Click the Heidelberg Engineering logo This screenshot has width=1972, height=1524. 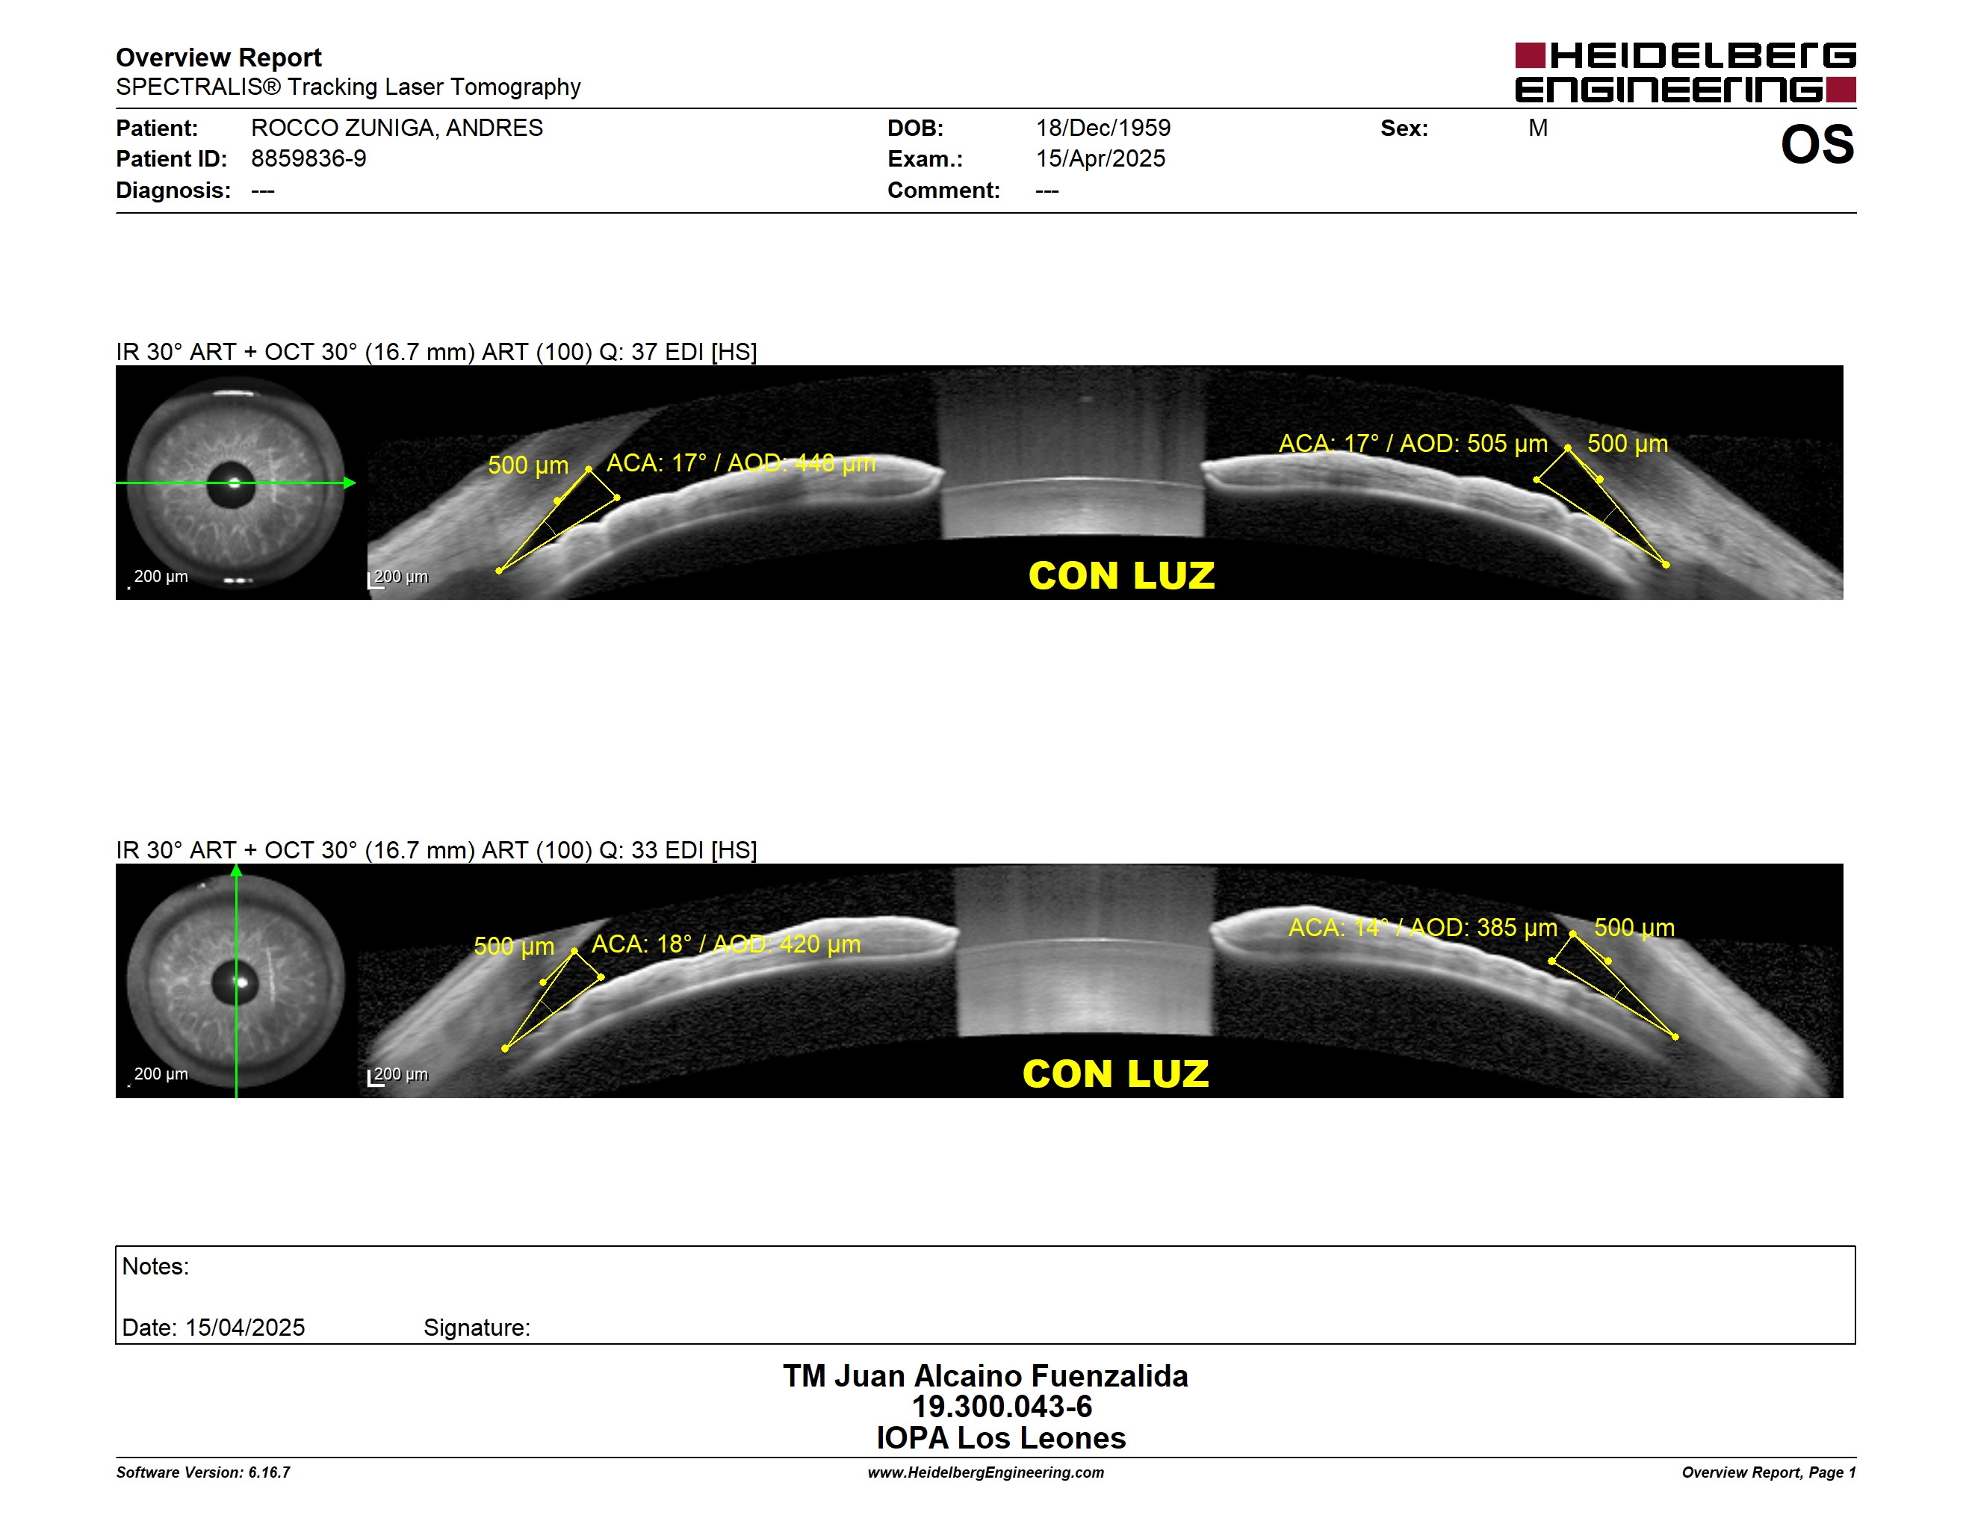point(1685,72)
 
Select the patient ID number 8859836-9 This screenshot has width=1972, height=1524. point(308,159)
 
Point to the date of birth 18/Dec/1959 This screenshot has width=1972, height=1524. point(1103,128)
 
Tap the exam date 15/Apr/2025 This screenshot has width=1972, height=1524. point(1100,159)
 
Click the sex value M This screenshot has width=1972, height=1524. point(1538,128)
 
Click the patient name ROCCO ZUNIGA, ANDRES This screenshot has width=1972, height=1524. point(397,128)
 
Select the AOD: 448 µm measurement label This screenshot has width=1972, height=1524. point(801,463)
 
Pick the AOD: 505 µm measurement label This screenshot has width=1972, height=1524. point(1474,443)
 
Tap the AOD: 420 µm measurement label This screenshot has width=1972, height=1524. point(787,944)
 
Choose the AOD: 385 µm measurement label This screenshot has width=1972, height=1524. point(1483,927)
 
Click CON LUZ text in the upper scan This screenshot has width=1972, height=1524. point(1121,576)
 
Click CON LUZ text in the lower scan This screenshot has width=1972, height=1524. point(1115,1074)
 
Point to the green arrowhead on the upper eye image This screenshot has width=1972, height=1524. point(350,483)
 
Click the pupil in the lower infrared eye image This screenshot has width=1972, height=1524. point(235,983)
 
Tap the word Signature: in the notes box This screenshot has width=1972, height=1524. point(477,1328)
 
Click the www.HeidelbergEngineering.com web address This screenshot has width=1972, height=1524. point(986,1472)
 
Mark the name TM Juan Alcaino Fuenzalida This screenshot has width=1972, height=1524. point(985,1376)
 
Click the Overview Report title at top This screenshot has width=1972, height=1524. point(219,58)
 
